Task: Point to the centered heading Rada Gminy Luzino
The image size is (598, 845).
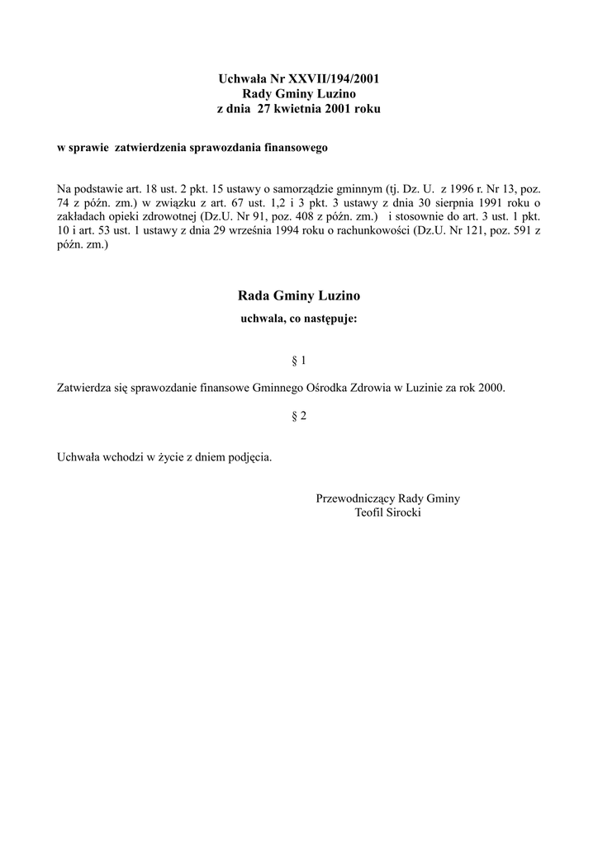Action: coord(299,295)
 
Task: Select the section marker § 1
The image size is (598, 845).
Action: coord(299,361)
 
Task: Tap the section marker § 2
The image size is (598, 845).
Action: coord(299,417)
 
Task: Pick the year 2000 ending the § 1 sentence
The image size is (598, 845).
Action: coord(491,387)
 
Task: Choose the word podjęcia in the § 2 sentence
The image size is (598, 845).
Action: coord(249,456)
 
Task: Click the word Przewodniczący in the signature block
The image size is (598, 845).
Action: coord(355,498)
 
